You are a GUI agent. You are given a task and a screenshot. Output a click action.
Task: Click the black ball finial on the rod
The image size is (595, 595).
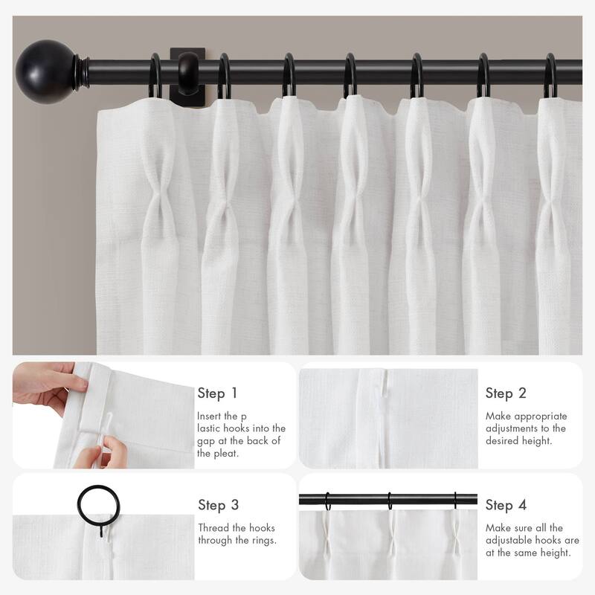[x=47, y=62]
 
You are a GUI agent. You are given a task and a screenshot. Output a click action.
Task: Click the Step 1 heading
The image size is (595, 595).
[x=217, y=393]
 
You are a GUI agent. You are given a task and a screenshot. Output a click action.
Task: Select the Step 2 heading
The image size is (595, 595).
[x=506, y=393]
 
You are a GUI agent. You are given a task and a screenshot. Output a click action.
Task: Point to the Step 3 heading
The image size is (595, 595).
[x=218, y=505]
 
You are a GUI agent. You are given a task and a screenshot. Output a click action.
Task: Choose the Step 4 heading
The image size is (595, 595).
[x=506, y=505]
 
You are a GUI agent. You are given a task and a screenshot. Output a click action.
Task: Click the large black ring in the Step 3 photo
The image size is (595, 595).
[x=98, y=506]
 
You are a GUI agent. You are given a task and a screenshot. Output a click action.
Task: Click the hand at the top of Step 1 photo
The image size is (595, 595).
[x=45, y=387]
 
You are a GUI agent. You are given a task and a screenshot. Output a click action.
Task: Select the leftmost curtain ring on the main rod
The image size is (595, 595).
[x=157, y=78]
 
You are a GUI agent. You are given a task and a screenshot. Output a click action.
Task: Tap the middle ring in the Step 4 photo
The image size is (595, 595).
[x=388, y=502]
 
